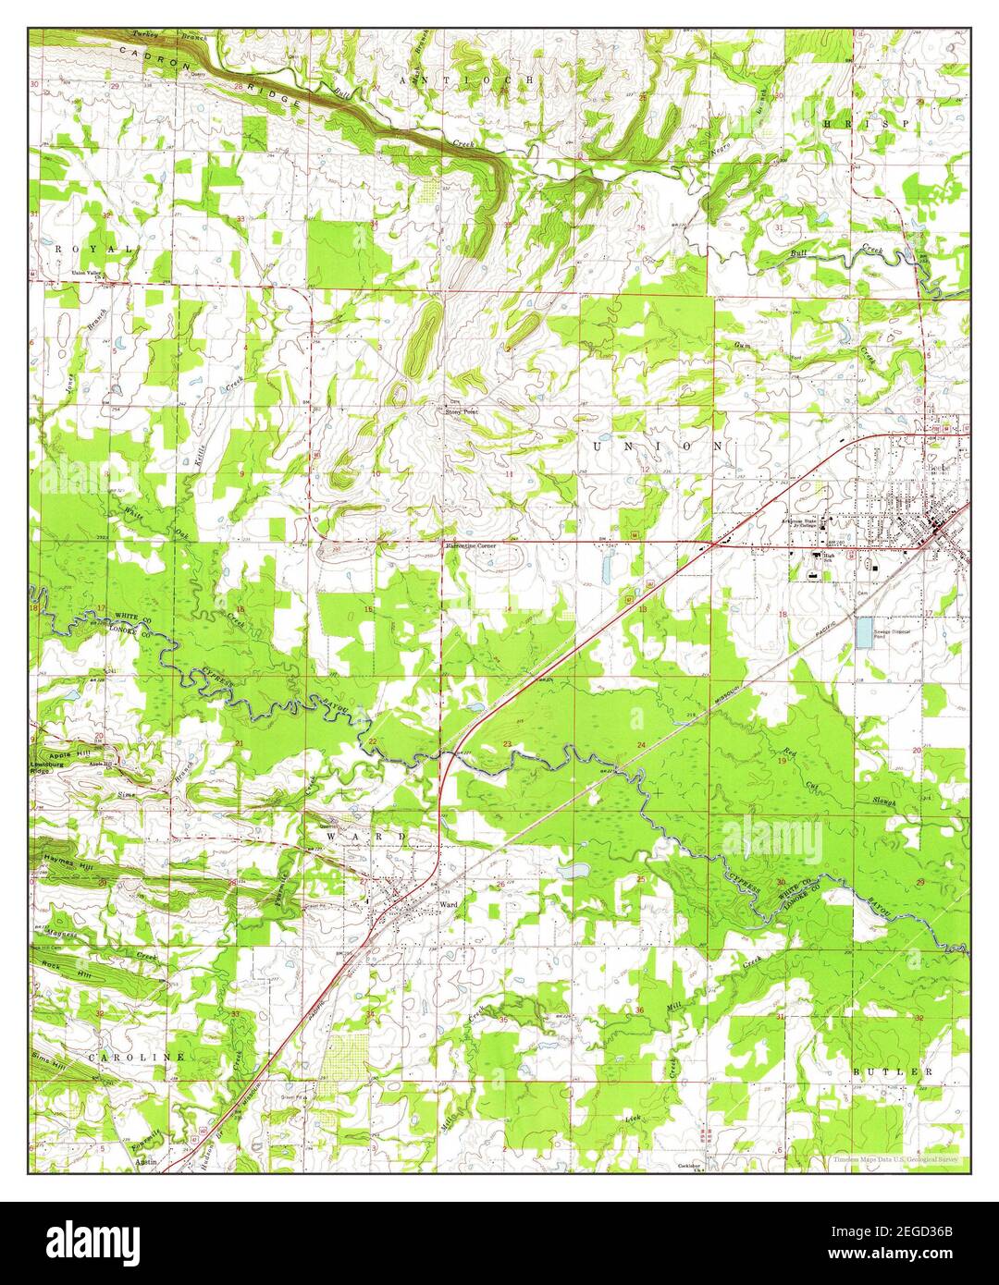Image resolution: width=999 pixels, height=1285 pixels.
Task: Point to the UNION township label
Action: [658, 446]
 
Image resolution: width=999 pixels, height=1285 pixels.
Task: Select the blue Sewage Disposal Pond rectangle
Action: [864, 633]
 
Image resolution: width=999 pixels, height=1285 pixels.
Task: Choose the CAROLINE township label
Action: [137, 1055]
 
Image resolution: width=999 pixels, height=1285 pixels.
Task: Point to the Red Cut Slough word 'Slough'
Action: [884, 802]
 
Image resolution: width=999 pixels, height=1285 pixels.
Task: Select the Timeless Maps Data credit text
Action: [886, 1158]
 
